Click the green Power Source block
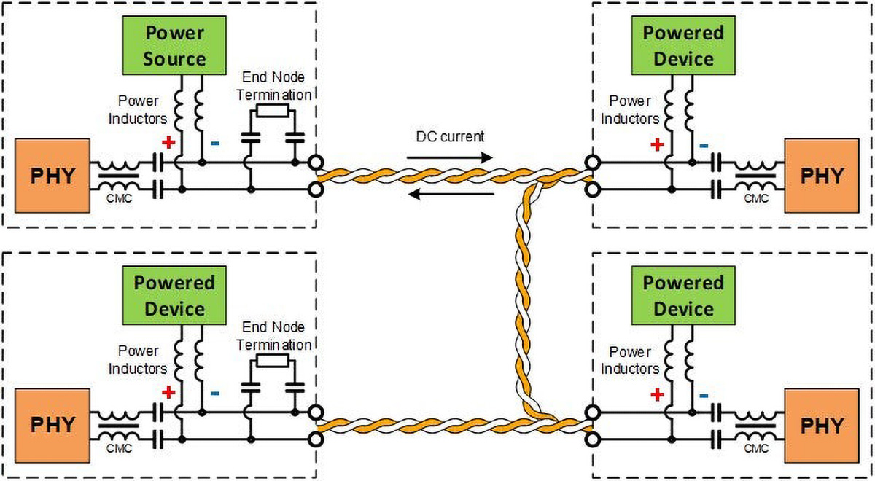[x=174, y=45]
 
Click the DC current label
[x=450, y=136]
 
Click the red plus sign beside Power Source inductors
[x=168, y=141]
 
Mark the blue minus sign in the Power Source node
[x=214, y=143]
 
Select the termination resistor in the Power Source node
[x=272, y=112]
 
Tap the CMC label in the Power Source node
[x=118, y=198]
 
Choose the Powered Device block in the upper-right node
[x=683, y=45]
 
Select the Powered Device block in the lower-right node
[x=683, y=295]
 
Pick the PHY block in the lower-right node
[x=822, y=426]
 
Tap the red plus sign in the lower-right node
[x=657, y=394]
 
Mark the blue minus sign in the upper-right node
[x=704, y=145]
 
